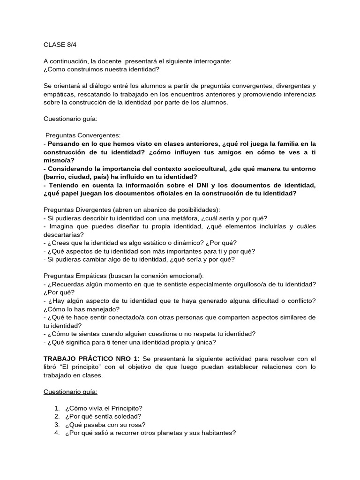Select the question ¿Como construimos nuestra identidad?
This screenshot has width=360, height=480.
(101, 69)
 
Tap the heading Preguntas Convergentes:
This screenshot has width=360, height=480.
(83, 135)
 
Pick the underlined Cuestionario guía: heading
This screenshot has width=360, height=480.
(70, 391)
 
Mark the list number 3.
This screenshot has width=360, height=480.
(57, 425)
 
